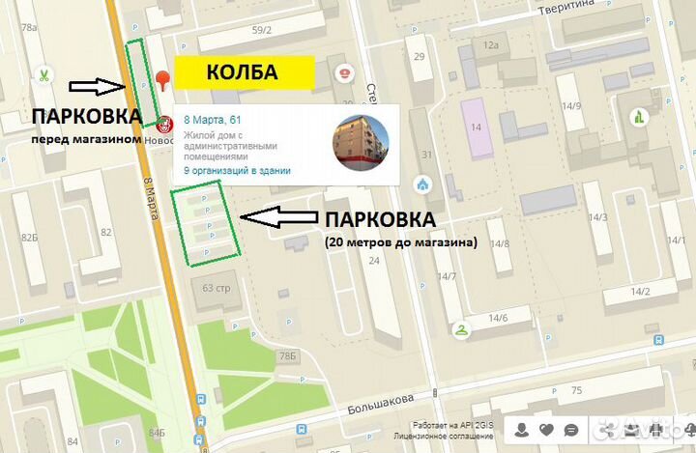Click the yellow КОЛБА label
pos(244,72)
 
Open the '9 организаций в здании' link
pos(237,170)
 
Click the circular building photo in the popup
pos(362,142)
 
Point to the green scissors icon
pos(44,73)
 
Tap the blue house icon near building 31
pos(421,184)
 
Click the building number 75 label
pos(577,390)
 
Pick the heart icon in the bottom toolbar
pos(546,429)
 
